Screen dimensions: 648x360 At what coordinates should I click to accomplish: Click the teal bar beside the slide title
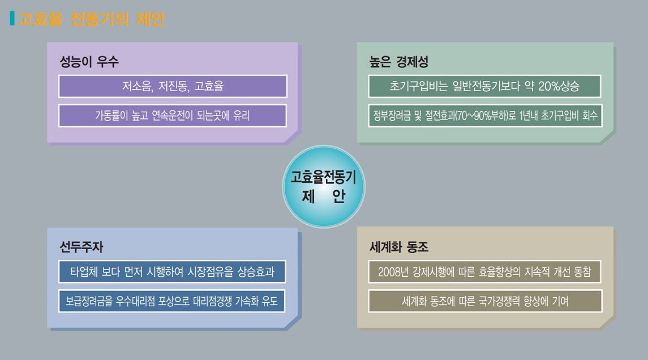coord(12,18)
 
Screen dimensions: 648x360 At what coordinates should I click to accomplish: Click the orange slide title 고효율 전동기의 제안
coord(92,19)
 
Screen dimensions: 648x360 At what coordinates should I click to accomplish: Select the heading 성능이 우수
coord(89,62)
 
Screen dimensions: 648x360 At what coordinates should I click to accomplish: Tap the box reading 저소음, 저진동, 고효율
coord(173,86)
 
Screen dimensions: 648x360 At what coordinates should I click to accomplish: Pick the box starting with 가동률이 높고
coord(173,115)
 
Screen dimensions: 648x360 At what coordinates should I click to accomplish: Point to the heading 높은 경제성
coord(398,62)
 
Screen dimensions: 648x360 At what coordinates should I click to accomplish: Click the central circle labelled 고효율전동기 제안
coord(324,186)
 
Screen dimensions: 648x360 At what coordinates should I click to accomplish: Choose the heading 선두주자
coord(81,247)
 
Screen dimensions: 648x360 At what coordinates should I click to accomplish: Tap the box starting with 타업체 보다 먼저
coord(172,272)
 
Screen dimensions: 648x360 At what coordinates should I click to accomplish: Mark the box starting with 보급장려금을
coord(172,301)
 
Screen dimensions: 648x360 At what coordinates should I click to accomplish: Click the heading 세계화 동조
coord(398,247)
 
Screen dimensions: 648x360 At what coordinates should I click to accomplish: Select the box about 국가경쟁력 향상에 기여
coord(485,301)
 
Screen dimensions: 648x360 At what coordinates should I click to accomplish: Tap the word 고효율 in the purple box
coord(209,86)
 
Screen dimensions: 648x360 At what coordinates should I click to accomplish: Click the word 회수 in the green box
coord(590,115)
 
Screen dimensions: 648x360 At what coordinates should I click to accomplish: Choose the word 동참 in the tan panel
coord(582,272)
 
